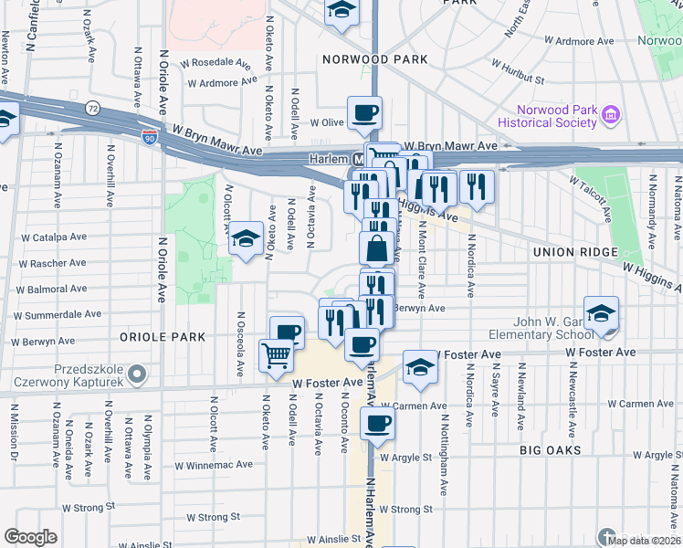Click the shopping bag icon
377,247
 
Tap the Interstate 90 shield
150,137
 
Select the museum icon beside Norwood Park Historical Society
611,116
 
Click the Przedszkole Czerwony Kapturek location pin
137,374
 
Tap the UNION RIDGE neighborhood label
579,252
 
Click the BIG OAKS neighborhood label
556,450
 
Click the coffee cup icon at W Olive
364,113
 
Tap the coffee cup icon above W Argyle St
377,423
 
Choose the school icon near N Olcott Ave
245,238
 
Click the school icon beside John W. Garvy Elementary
601,313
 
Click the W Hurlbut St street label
518,73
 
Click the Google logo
31,537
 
